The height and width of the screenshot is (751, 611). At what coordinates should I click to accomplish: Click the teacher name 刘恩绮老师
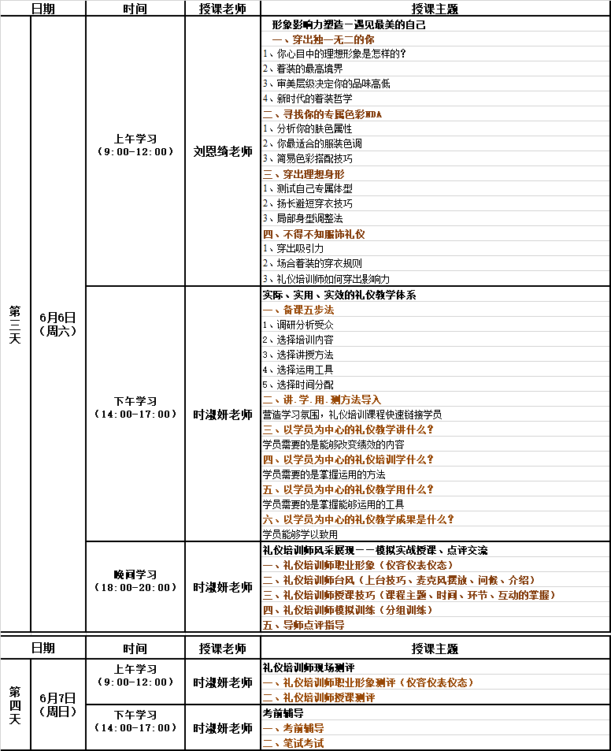click(x=223, y=151)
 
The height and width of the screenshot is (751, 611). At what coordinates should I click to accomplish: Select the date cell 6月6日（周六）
click(x=57, y=324)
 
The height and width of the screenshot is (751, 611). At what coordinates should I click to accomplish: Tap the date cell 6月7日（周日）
click(x=57, y=705)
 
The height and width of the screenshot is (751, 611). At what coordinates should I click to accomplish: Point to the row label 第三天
click(x=15, y=324)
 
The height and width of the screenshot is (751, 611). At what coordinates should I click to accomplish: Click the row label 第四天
click(x=15, y=705)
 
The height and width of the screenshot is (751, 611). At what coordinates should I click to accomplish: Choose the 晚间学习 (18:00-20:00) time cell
click(x=135, y=581)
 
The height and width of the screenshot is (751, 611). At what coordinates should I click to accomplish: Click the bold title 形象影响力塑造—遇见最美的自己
click(x=348, y=24)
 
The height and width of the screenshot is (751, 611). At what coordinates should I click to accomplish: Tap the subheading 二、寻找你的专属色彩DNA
click(x=322, y=113)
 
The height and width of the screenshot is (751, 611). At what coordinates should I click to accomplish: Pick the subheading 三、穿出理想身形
click(x=303, y=173)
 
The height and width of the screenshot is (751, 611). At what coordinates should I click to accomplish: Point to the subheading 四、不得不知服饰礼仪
click(x=313, y=234)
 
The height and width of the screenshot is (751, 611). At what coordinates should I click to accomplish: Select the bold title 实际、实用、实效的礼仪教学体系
click(x=339, y=294)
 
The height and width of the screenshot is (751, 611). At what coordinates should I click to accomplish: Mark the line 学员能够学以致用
click(x=300, y=534)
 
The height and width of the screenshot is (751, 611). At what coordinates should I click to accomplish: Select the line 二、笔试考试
click(x=293, y=743)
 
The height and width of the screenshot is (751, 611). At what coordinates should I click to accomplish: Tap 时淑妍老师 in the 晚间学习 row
click(x=223, y=587)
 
